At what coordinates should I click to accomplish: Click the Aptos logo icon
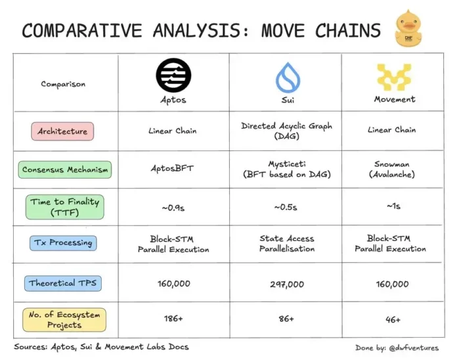[173, 76]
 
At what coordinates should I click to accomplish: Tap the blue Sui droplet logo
[287, 78]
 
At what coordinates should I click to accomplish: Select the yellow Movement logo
[394, 77]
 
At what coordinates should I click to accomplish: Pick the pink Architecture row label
[62, 131]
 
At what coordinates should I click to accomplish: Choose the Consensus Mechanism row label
[65, 169]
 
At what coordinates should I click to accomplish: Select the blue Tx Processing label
[63, 243]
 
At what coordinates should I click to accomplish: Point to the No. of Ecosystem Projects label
[64, 320]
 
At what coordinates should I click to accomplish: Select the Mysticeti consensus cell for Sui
[286, 169]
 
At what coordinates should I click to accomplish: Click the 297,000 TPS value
[286, 284]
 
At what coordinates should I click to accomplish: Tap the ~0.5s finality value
[286, 207]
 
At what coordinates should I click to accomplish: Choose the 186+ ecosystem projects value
[173, 319]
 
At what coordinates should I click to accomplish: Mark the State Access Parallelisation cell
[286, 244]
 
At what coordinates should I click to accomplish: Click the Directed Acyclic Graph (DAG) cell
[286, 131]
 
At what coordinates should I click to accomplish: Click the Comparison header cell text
[63, 84]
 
